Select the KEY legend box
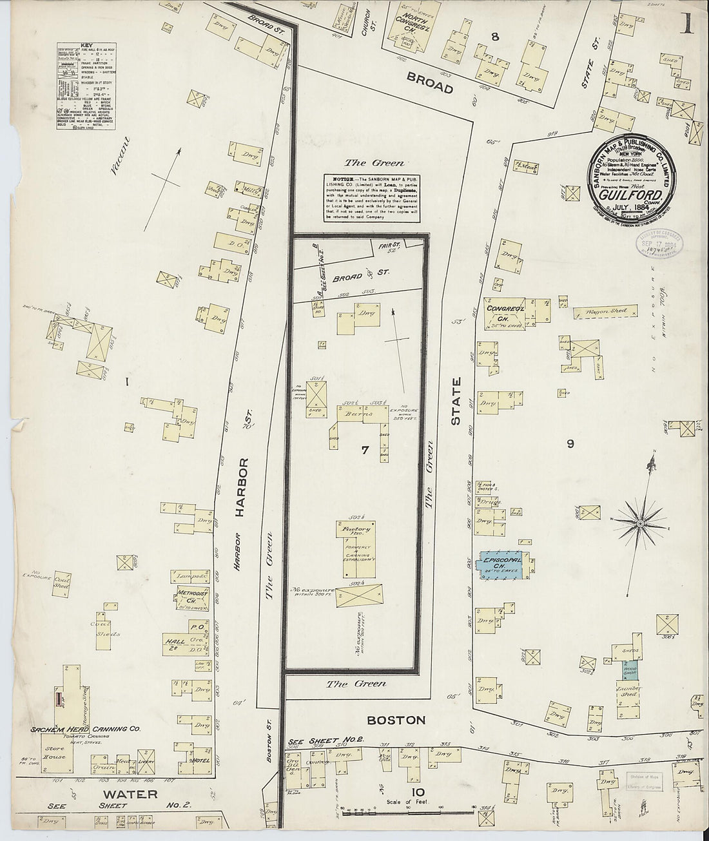[84, 88]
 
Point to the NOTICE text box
[373, 197]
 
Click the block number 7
[365, 450]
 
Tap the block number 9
[569, 443]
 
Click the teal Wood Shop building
[631, 670]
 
